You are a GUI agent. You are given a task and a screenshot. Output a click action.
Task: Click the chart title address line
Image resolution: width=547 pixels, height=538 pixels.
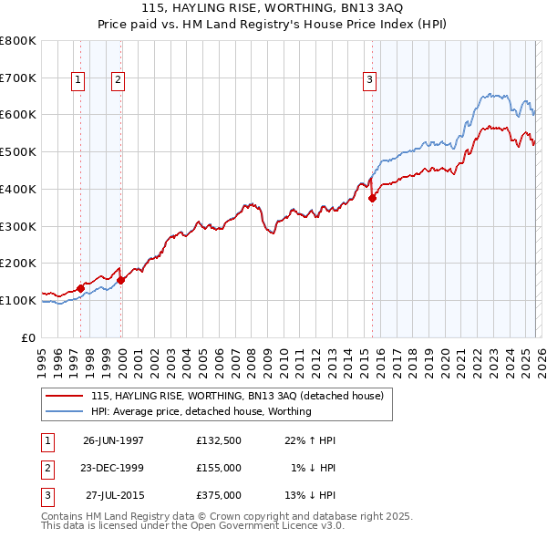coord(273,7)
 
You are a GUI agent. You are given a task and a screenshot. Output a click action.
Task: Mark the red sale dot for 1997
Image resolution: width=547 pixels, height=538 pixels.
coord(81,288)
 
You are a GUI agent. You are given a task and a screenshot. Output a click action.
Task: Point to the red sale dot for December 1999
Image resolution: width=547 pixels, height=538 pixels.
coord(121,280)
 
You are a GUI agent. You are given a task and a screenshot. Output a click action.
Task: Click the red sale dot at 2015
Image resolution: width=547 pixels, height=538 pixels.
coord(372,199)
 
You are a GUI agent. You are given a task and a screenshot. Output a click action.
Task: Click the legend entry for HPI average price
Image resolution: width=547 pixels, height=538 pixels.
coord(201,411)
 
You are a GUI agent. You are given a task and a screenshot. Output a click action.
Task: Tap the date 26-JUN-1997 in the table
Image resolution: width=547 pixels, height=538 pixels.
coord(113,440)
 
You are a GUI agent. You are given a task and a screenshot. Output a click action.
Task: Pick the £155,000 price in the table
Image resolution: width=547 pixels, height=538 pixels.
coord(219,468)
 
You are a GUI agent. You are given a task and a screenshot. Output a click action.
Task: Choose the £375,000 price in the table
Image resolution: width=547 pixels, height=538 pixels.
coord(219,495)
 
